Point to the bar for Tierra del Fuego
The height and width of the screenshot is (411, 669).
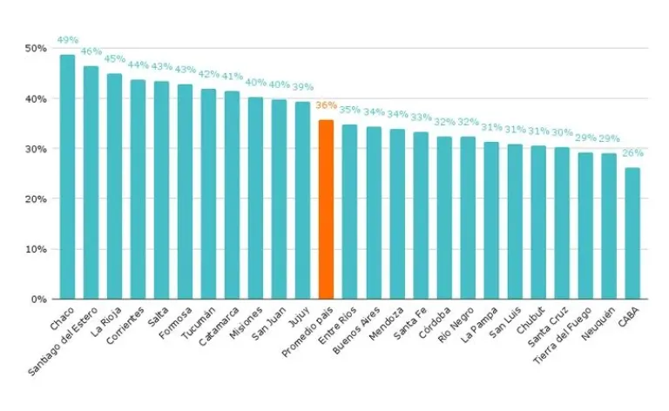[x=585, y=226]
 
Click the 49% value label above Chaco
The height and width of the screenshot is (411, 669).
[x=67, y=40]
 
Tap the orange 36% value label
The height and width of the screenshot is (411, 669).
[x=326, y=105]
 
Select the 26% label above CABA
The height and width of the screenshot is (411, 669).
[x=632, y=153]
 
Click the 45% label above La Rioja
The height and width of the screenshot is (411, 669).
[x=114, y=59]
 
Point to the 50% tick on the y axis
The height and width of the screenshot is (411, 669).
[x=35, y=48]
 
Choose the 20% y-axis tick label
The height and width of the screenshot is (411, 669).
[x=35, y=199]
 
